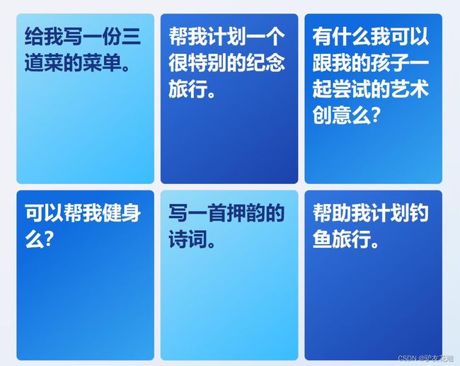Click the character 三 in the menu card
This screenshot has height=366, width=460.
coord(132,36)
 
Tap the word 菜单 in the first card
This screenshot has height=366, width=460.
coord(103,62)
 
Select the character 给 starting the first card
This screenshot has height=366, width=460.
coord(35,36)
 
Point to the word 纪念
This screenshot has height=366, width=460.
coord(266,62)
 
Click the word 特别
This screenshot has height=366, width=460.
coord(207,62)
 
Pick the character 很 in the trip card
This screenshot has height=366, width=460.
coord(178,62)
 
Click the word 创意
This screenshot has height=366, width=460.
coord(332,115)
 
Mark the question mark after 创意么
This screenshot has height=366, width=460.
coord(375,115)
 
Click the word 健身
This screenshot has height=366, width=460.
coord(122,213)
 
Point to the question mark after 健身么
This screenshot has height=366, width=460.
coord(49,239)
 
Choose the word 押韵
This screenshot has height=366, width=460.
coord(246,213)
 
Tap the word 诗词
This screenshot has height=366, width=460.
coord(188,239)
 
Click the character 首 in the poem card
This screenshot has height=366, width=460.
coord(217,213)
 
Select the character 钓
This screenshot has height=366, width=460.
coord(419,213)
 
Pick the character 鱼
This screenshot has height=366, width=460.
coord(322,239)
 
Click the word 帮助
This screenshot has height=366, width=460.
coord(332,213)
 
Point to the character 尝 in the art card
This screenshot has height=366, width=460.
coord(342,88)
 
